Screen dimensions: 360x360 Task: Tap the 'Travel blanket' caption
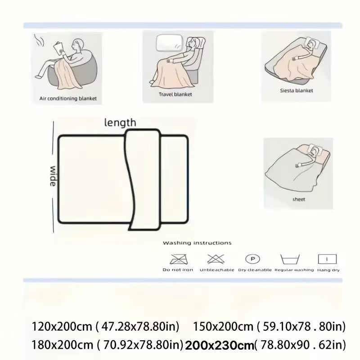click(175, 94)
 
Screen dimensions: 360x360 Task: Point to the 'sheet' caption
click(298, 198)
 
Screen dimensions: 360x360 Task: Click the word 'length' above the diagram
click(120, 122)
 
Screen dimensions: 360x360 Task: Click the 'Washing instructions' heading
click(197, 243)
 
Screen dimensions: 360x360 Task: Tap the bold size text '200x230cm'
click(219, 345)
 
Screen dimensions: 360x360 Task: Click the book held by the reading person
click(58, 47)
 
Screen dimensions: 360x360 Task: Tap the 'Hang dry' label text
click(328, 270)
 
